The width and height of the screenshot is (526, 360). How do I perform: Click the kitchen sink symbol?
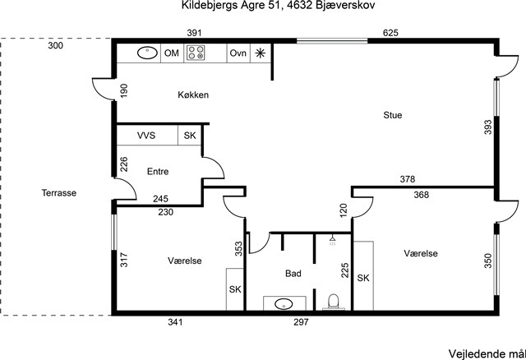click(147, 53)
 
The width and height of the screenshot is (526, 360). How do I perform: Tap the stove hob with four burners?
click(196, 53)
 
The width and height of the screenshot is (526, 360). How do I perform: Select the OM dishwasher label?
click(172, 53)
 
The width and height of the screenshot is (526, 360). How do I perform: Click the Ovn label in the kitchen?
click(238, 53)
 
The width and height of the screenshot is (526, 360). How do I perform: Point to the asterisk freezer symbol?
click(260, 53)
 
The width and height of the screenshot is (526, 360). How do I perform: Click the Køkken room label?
click(193, 95)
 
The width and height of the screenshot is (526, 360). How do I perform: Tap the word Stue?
click(393, 115)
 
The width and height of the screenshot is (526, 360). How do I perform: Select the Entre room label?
click(158, 172)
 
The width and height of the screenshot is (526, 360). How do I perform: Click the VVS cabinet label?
click(146, 136)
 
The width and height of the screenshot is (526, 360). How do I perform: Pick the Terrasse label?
click(59, 193)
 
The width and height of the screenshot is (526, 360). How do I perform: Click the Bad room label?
click(293, 274)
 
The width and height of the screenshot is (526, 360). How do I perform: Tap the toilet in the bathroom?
click(334, 302)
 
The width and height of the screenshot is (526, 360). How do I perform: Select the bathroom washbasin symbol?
click(284, 304)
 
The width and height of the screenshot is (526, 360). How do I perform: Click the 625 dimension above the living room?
click(390, 33)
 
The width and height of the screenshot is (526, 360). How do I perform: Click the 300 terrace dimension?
click(55, 46)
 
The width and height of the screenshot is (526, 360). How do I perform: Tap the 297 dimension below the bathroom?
click(301, 322)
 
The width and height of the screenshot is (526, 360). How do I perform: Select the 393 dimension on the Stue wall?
click(488, 127)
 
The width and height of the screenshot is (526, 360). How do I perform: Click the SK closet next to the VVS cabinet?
click(190, 136)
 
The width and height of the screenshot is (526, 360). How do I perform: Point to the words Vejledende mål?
click(487, 354)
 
